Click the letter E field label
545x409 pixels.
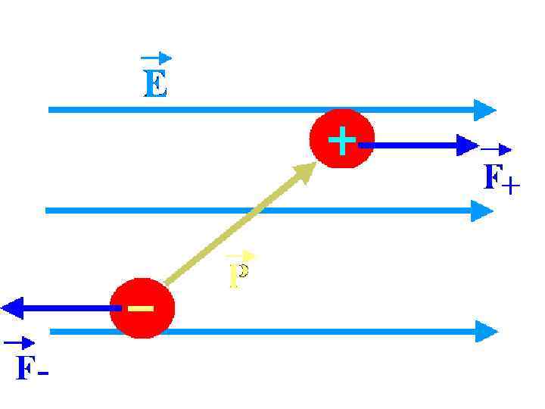coord(155,83)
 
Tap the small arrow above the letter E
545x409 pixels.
coord(156,58)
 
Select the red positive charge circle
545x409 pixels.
coord(342,140)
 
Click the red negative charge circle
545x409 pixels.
coord(142,309)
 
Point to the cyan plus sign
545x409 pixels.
coord(342,140)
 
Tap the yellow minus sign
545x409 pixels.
coord(141,308)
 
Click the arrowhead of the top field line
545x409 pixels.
coord(484,110)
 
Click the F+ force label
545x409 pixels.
coord(500,179)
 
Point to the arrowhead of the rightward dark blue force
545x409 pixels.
coord(468,144)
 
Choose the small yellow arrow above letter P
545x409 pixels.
coord(241,256)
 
